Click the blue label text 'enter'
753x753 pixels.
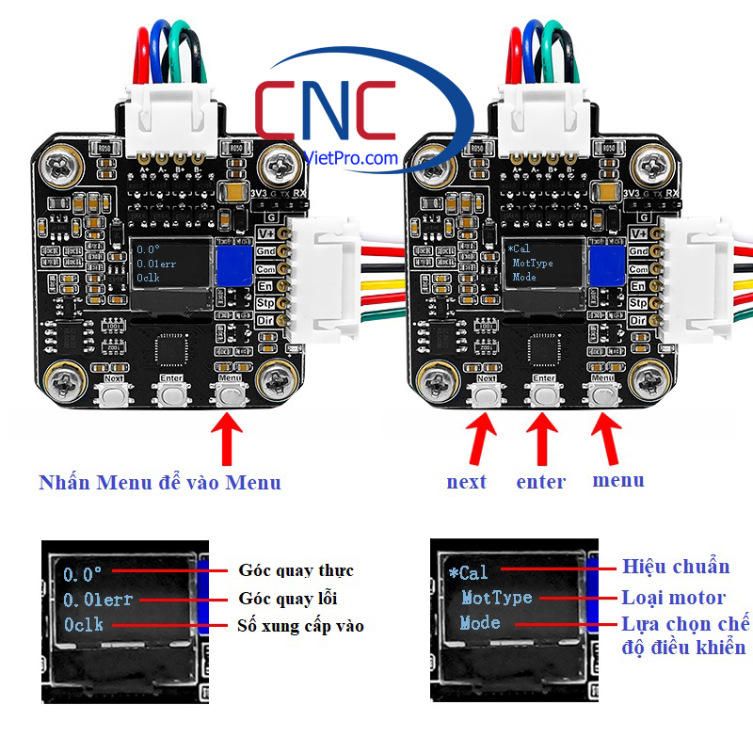click(x=541, y=482)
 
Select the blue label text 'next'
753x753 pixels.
click(x=467, y=482)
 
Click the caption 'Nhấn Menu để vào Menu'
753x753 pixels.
click(x=160, y=483)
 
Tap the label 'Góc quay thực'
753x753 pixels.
click(x=296, y=570)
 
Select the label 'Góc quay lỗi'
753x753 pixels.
click(x=288, y=599)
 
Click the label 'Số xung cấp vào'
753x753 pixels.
click(x=301, y=626)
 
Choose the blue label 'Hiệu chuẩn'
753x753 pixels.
click(x=676, y=567)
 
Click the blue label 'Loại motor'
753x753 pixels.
click(x=673, y=598)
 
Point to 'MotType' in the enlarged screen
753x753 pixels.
click(x=496, y=598)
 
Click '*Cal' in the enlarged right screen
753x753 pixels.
click(x=468, y=571)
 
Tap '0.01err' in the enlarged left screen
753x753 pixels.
click(x=98, y=599)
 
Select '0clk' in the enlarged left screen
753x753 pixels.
click(x=84, y=624)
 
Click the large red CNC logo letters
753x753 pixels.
click(x=325, y=111)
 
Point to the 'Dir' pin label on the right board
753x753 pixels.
click(x=638, y=321)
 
